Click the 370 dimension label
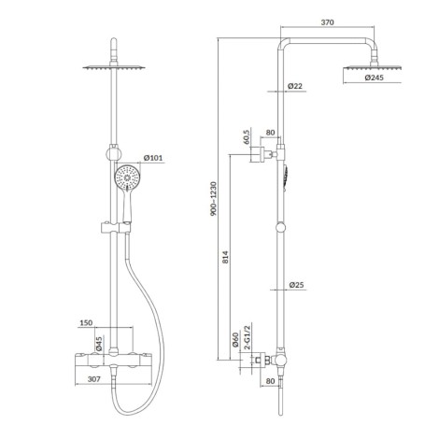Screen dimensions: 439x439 (327, 22)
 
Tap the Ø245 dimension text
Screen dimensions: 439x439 (374, 78)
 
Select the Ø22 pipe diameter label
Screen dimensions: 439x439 (295, 86)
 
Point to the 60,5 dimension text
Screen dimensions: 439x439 (247, 136)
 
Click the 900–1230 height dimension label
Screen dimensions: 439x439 (214, 199)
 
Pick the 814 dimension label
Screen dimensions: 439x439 (225, 257)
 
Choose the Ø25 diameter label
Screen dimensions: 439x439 (296, 285)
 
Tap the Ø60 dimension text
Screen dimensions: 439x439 (235, 340)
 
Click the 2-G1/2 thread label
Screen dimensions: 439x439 (247, 337)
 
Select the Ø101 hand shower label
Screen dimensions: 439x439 (153, 158)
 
